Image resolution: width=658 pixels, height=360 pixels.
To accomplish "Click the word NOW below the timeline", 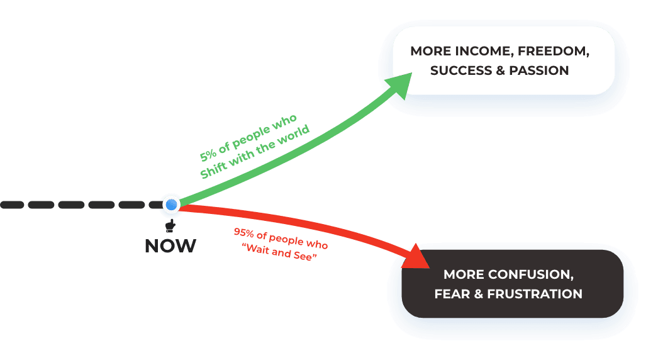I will pyautogui.click(x=170, y=245).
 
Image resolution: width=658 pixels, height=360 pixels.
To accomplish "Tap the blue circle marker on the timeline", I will pyautogui.click(x=170, y=205).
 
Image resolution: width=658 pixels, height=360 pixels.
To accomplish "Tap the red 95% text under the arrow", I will pyautogui.click(x=243, y=232).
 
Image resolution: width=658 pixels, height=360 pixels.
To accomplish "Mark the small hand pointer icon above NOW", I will pyautogui.click(x=170, y=225).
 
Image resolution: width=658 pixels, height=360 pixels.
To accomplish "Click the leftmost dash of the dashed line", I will pyautogui.click(x=11, y=205).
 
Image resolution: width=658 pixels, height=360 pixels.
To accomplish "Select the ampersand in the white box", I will pyautogui.click(x=500, y=70).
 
